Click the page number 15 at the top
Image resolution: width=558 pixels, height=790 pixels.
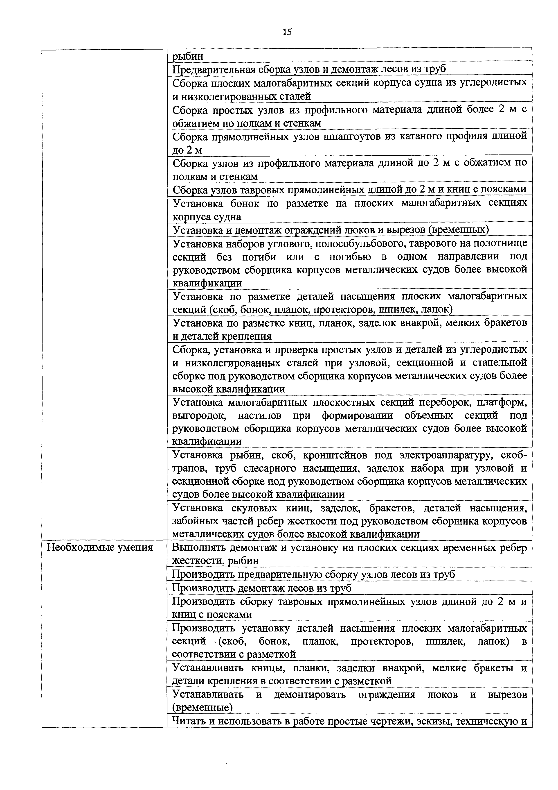point(287,32)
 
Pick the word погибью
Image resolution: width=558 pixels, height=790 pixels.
point(351,257)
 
